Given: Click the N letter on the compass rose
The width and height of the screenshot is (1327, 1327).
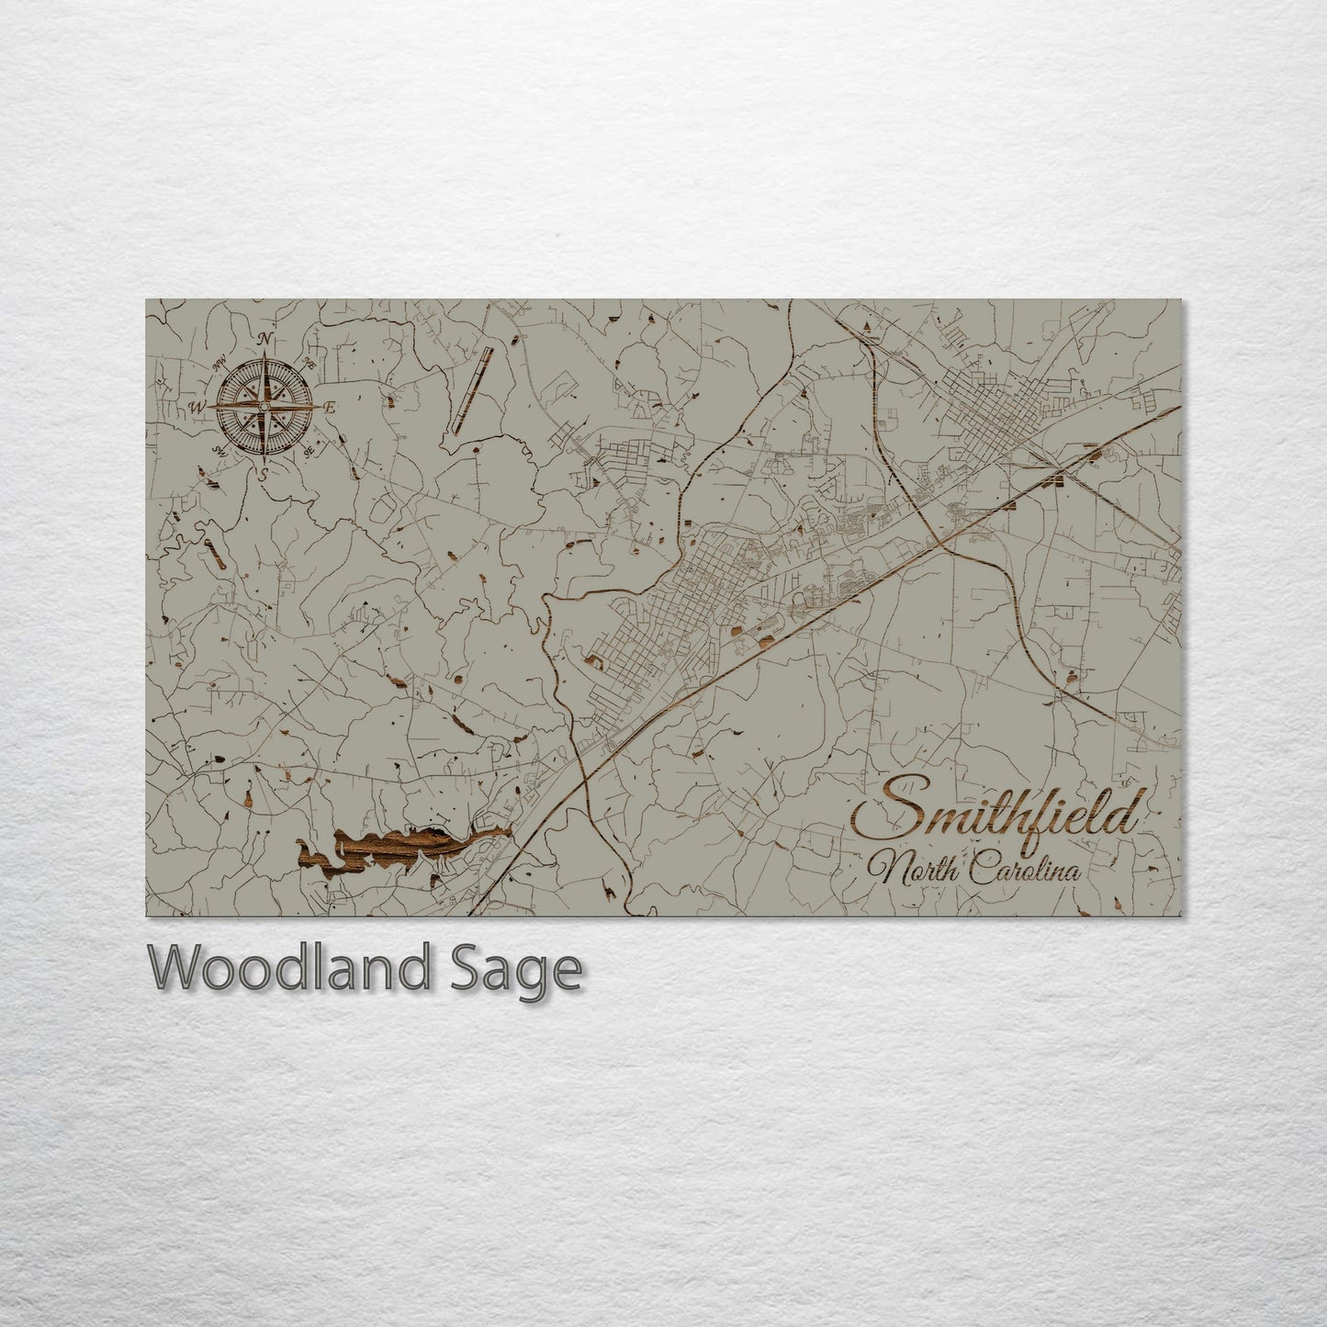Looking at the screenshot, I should point(266,339).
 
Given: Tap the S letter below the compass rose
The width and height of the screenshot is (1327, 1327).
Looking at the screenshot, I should point(264,474).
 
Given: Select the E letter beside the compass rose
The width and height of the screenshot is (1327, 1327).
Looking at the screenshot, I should point(332,408).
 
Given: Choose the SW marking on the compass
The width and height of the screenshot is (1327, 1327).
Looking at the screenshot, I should point(219,449).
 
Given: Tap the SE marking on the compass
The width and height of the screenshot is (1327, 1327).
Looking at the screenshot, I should point(309,450).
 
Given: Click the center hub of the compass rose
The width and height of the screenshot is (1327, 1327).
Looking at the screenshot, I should point(265,407).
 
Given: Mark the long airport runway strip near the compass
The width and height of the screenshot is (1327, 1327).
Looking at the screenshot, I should point(471,389).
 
